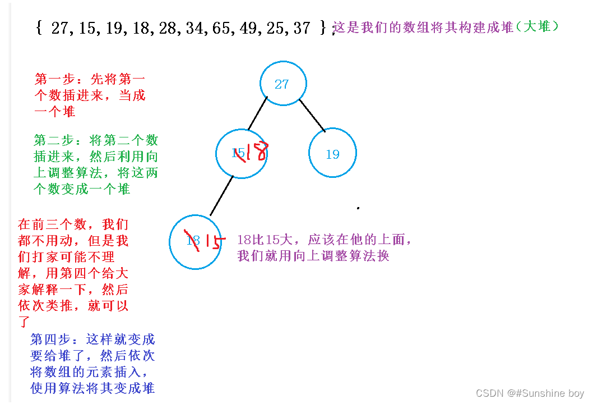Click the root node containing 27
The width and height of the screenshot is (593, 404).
[x=282, y=84]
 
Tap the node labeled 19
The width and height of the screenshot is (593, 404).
[x=332, y=154]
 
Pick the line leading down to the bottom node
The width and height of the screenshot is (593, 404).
[x=221, y=196]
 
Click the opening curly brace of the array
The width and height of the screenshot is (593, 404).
[x=38, y=28]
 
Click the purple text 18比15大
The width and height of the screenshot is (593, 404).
[x=270, y=240]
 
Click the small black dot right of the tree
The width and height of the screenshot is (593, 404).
[x=358, y=208]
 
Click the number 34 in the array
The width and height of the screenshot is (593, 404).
[x=196, y=28]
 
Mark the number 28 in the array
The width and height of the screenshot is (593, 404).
[x=168, y=28]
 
